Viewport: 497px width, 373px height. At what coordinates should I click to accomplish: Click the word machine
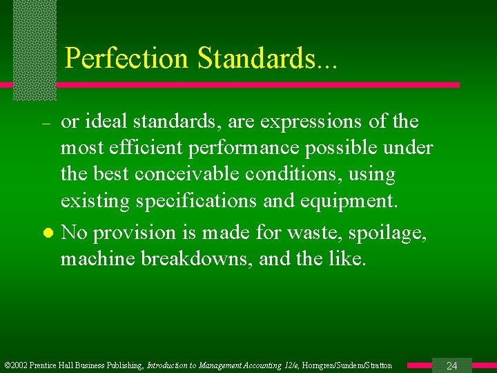94,258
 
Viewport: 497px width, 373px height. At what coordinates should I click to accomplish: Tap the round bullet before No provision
46,233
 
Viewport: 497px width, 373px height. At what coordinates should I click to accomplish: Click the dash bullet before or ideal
46,123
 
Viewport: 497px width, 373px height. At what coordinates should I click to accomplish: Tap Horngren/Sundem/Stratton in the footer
350,365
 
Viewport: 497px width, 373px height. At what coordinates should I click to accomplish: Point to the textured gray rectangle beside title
35,48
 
